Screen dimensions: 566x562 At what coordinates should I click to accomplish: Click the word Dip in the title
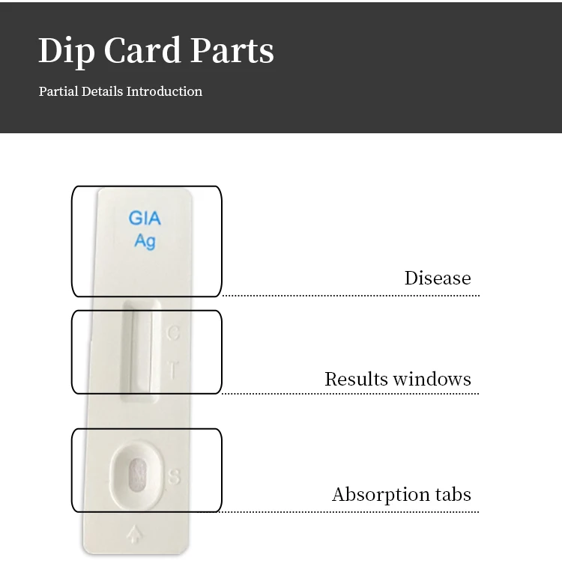[66, 51]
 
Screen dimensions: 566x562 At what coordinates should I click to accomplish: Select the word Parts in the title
[232, 50]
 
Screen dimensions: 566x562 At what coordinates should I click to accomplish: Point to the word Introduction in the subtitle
[164, 91]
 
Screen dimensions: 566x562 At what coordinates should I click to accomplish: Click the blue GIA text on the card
[145, 219]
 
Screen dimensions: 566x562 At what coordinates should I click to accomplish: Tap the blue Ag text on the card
[145, 241]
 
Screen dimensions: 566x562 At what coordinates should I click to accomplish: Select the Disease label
[438, 278]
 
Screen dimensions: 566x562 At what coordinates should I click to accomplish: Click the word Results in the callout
[351, 379]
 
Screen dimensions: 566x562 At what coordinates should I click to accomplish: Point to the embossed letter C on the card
[173, 333]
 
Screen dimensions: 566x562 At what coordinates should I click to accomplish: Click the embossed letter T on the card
[173, 370]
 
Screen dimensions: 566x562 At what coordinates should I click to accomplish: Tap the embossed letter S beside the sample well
[174, 477]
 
